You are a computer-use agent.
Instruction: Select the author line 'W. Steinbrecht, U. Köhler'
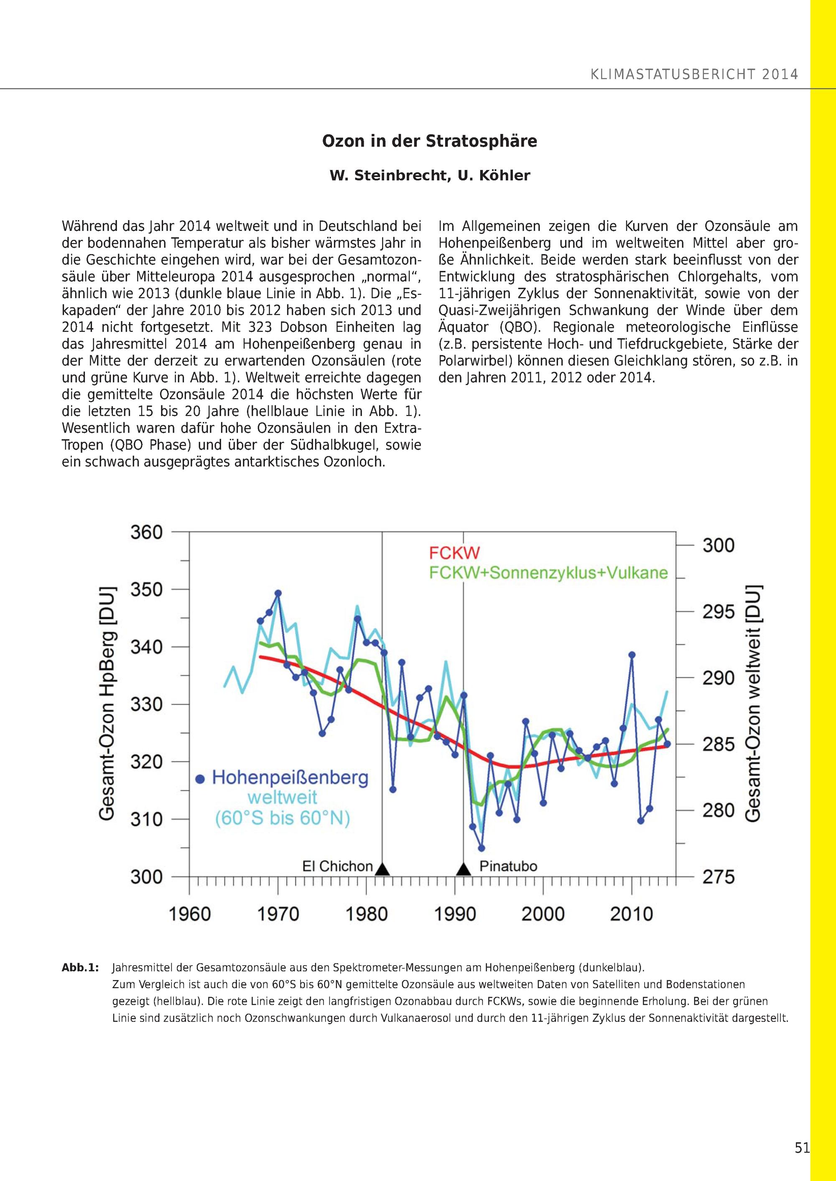[x=429, y=176]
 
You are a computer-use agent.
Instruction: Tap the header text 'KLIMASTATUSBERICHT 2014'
[x=694, y=75]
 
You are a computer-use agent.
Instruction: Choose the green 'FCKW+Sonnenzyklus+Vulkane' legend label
[x=549, y=573]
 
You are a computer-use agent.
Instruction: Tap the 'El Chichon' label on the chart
[x=337, y=866]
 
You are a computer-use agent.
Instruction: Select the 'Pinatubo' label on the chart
[x=508, y=866]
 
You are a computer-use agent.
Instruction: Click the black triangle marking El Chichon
[x=382, y=869]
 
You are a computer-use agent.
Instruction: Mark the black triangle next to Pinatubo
[x=464, y=869]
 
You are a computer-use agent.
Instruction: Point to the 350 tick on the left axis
[x=146, y=590]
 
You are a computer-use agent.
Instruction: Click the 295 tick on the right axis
[x=718, y=612]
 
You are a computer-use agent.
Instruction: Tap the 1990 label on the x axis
[x=454, y=914]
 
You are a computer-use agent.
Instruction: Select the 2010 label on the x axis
[x=631, y=914]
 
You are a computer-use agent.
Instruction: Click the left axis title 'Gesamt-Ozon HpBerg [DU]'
[x=107, y=704]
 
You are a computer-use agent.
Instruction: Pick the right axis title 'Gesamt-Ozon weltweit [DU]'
[x=752, y=704]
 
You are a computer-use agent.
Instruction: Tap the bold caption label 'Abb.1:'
[x=80, y=968]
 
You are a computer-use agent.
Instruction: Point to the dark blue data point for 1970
[x=278, y=593]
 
